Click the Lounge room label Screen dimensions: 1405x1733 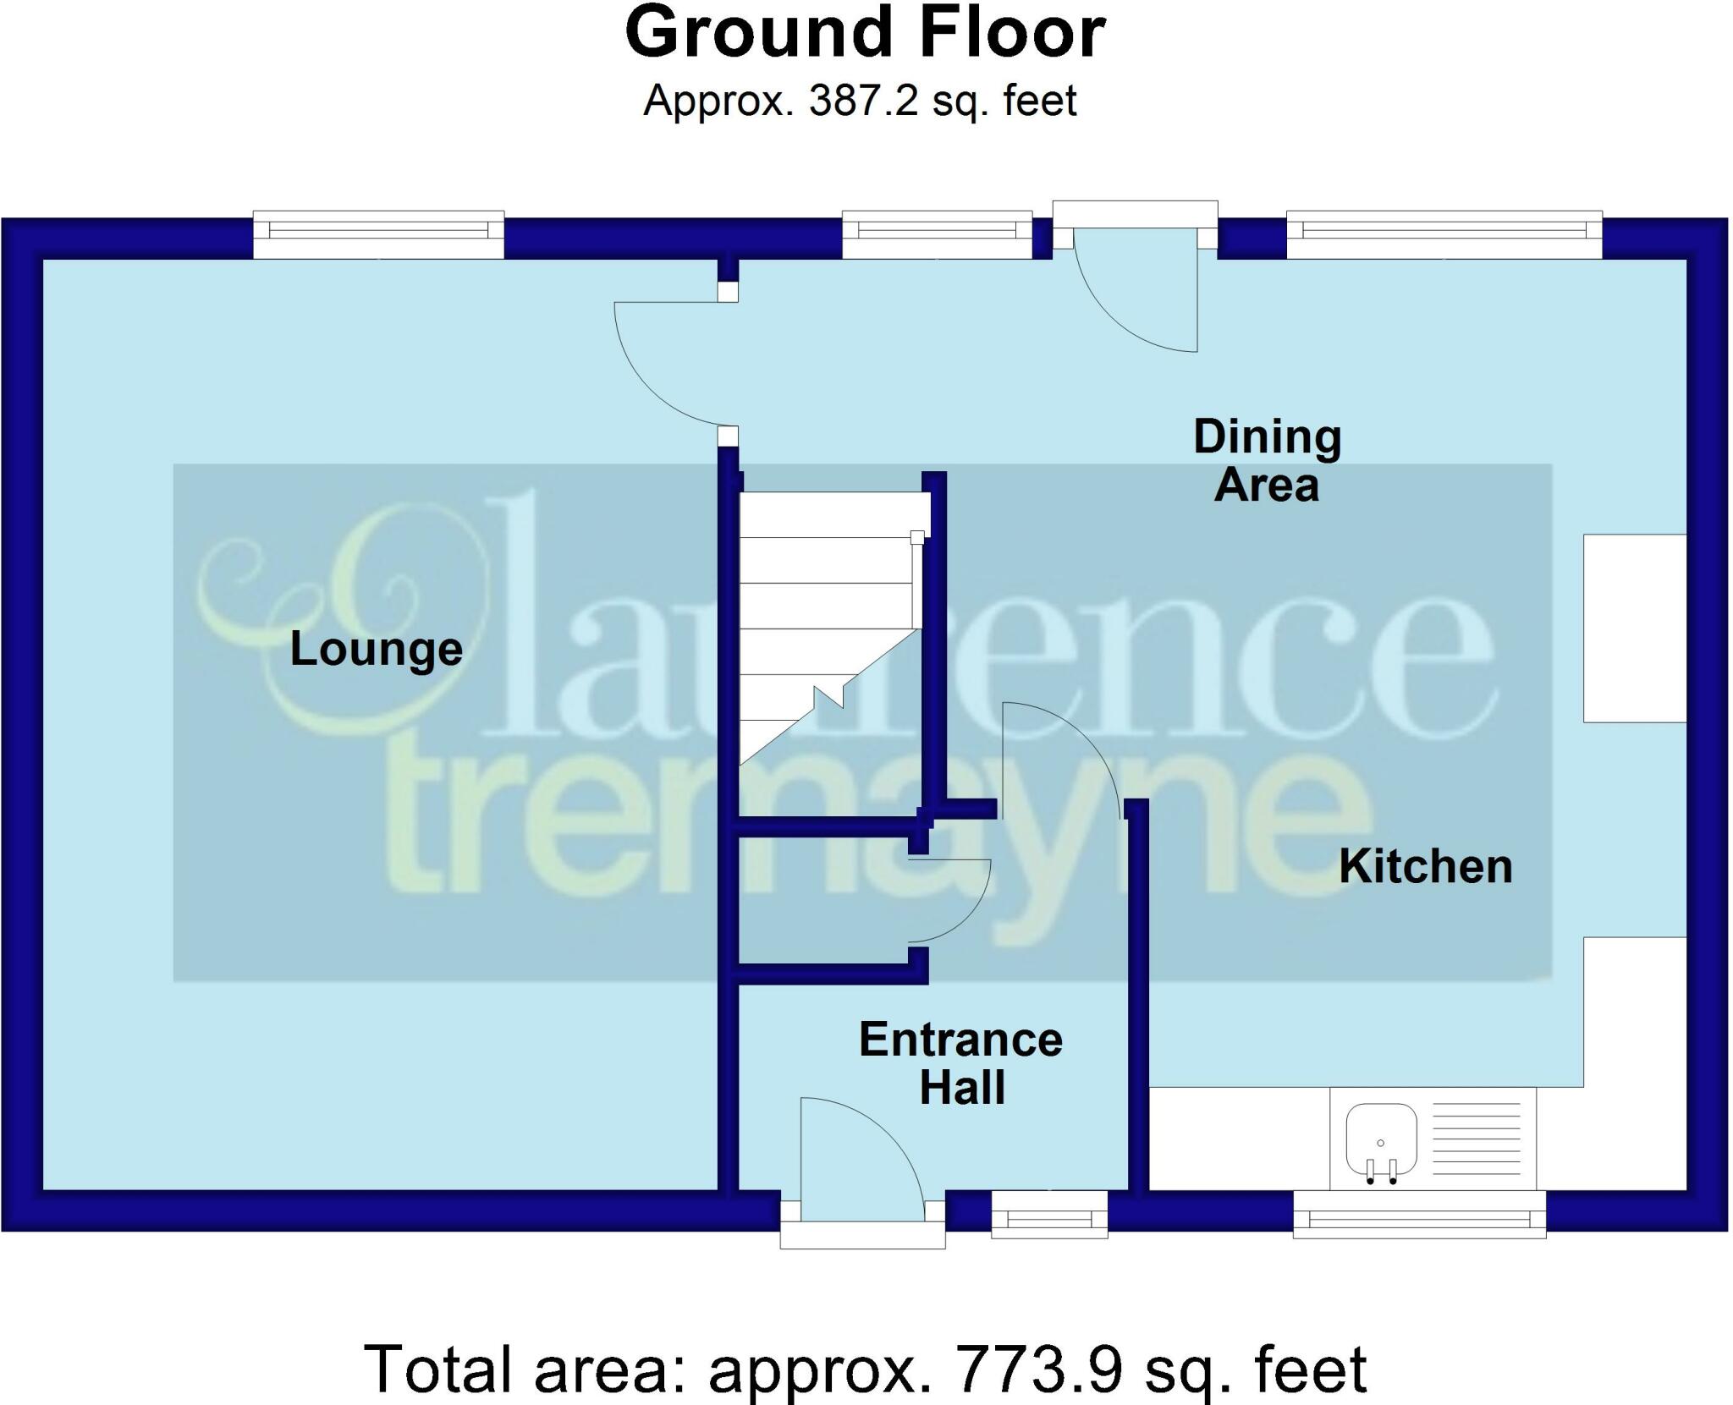[377, 650]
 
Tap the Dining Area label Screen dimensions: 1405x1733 [1267, 461]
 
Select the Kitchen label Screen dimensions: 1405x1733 [1425, 867]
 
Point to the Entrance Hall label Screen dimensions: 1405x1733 [961, 1063]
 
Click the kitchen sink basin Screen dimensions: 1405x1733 [1381, 1139]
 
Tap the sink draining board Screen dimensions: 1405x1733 [1476, 1139]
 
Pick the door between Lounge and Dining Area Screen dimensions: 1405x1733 [668, 364]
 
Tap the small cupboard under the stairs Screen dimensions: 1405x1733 [821, 901]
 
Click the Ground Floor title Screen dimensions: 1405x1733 [865, 34]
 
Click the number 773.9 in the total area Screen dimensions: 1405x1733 [1033, 1368]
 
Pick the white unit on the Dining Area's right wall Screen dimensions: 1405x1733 [1634, 628]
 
